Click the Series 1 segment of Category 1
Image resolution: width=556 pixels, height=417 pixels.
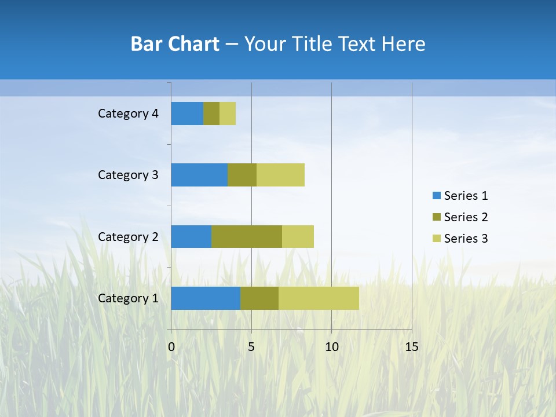206,298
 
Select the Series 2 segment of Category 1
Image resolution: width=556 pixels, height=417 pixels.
259,298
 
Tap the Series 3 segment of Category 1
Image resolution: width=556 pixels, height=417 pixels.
319,298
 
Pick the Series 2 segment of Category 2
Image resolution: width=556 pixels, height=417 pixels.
247,236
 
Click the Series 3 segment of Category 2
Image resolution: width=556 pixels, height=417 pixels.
298,236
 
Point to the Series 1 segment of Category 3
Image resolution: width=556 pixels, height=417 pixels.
199,175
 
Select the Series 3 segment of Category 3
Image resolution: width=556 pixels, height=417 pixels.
280,175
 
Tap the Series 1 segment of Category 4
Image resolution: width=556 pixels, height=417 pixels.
187,114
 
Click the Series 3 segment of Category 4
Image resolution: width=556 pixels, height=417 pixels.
228,114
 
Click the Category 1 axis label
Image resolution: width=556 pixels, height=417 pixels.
128,298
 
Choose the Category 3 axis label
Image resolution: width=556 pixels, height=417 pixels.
128,175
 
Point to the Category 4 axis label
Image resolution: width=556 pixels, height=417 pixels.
128,114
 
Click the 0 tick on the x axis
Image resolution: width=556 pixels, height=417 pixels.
171,347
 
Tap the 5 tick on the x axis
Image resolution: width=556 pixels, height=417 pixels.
251,347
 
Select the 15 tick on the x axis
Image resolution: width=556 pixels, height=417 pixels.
411,347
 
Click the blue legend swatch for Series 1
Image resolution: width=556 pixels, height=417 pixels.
436,196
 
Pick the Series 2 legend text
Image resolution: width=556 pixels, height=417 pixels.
466,217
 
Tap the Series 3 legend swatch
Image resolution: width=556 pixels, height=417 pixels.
436,239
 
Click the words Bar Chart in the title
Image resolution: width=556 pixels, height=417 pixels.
175,44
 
